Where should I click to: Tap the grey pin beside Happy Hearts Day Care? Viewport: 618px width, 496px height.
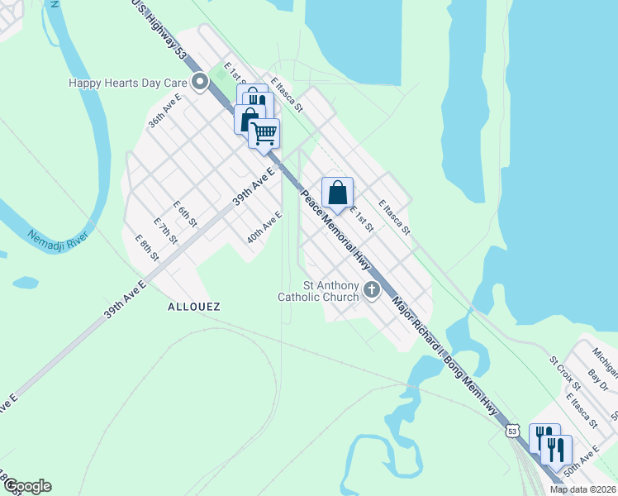(199, 82)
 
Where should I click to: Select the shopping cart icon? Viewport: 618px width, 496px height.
(264, 133)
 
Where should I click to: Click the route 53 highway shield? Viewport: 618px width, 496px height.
(513, 432)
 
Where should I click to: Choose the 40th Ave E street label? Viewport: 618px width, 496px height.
(264, 227)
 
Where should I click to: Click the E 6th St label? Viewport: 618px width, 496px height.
(185, 214)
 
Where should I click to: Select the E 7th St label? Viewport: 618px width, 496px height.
(166, 231)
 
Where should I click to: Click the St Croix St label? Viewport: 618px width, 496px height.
(565, 373)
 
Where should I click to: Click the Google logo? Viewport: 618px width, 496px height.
(26, 486)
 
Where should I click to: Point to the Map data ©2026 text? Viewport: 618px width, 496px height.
(583, 489)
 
